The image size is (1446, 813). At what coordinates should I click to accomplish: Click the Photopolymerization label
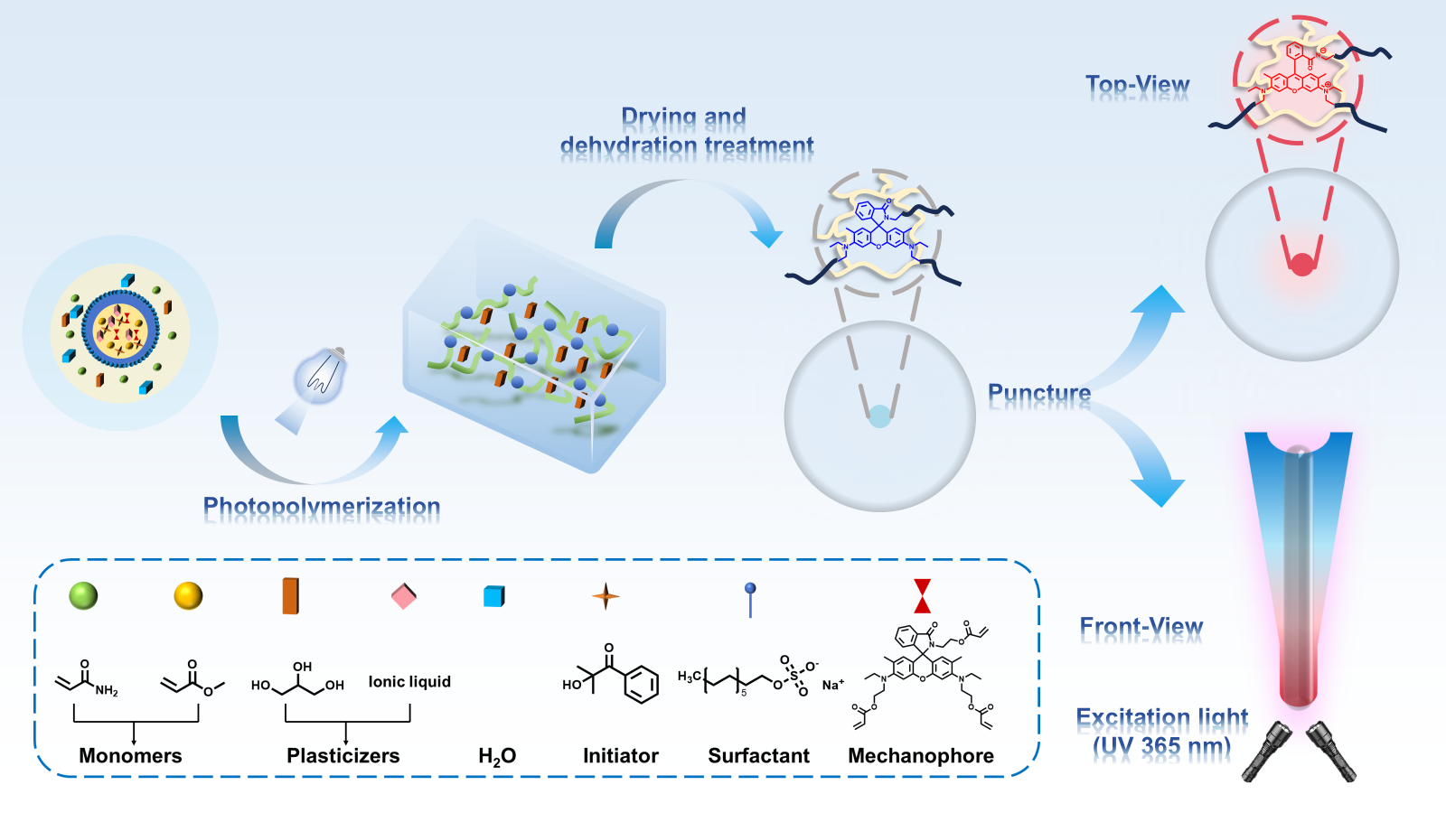click(x=322, y=507)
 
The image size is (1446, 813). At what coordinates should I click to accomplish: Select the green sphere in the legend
click(x=83, y=595)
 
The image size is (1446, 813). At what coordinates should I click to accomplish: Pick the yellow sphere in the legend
click(x=188, y=595)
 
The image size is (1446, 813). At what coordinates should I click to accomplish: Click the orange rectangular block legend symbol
click(x=290, y=595)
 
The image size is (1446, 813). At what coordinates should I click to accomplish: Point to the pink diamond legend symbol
click(x=403, y=596)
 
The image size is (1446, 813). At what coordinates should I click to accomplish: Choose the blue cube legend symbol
click(x=493, y=596)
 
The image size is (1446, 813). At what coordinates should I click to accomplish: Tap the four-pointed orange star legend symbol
click(x=606, y=596)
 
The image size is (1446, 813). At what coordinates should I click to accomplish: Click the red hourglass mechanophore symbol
click(x=922, y=596)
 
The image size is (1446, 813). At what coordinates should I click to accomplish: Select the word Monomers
click(x=130, y=756)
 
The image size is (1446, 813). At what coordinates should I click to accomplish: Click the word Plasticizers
click(x=343, y=756)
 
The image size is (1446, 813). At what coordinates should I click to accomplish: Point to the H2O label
click(x=497, y=756)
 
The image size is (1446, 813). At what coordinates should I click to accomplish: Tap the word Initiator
click(x=620, y=756)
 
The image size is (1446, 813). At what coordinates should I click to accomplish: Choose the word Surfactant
click(x=758, y=756)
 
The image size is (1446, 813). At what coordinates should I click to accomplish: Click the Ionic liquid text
click(x=409, y=682)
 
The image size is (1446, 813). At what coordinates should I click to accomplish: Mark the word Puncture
click(x=1039, y=394)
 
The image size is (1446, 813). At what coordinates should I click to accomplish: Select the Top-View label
click(x=1137, y=86)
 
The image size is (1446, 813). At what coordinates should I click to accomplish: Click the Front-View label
click(x=1141, y=627)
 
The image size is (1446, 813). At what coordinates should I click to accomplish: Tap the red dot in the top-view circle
click(x=1301, y=265)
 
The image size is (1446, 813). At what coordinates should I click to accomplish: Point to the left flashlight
click(x=1264, y=751)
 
